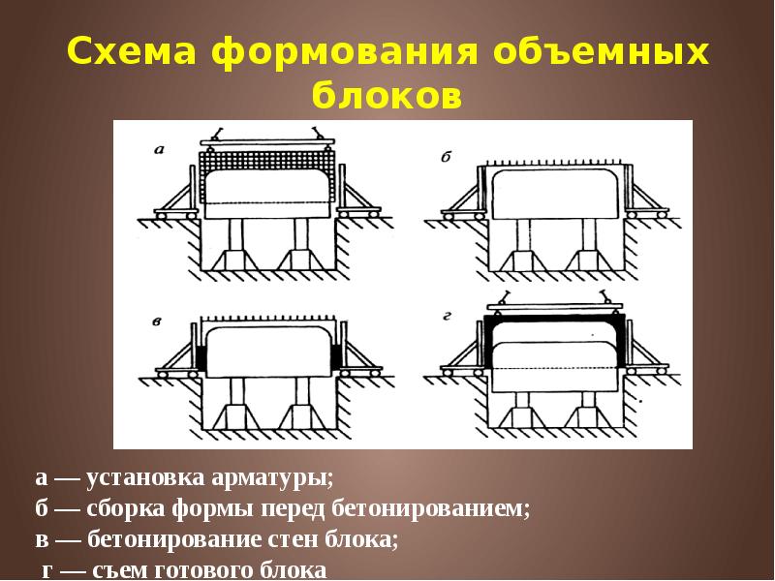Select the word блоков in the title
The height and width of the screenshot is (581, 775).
coord(387,97)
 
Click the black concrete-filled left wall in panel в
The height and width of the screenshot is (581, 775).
coord(202,355)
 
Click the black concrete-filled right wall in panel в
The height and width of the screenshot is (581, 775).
coord(336,355)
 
